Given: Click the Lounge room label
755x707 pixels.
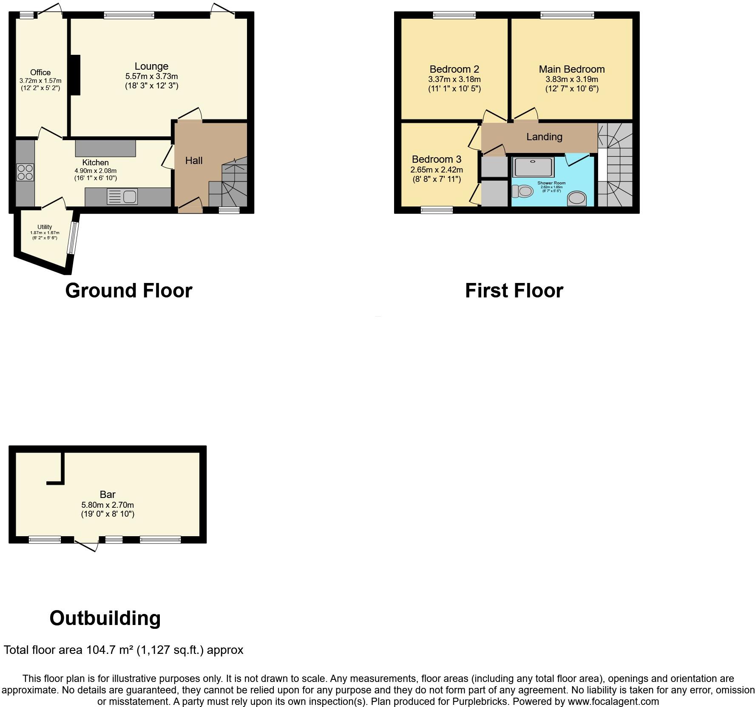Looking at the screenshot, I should [x=151, y=66].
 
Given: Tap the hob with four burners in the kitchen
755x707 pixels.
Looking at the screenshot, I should [x=25, y=172].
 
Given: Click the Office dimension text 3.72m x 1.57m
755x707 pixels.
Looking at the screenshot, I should [x=40, y=81].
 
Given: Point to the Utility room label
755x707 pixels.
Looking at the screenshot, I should [x=45, y=227].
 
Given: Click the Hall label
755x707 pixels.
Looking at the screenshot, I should [x=194, y=161].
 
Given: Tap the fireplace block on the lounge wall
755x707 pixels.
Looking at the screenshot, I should [x=75, y=75].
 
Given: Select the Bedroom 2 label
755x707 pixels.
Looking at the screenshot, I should [x=454, y=69].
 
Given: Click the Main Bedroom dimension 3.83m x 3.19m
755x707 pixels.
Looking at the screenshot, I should [x=571, y=79].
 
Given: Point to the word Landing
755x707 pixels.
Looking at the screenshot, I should [x=544, y=137].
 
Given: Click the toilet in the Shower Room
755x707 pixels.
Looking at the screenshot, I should [x=522, y=192].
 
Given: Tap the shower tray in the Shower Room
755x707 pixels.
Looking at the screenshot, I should [x=534, y=167].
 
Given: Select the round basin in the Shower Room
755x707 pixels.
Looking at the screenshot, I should [x=577, y=198].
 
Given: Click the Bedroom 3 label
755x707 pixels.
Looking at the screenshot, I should [x=436, y=159].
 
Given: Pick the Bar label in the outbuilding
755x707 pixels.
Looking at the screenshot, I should [x=108, y=495].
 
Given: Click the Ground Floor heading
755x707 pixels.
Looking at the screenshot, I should [x=129, y=291].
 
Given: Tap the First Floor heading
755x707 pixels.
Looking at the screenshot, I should [x=514, y=291].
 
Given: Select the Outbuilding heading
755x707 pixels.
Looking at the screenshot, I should [x=105, y=618].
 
